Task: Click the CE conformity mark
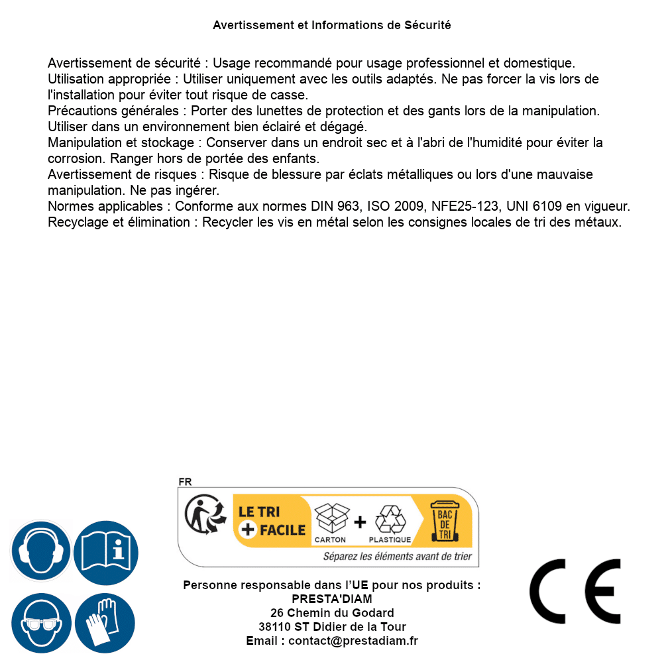[x=575, y=591]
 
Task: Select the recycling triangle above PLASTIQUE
[x=390, y=519]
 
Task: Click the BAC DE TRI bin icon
[x=443, y=520]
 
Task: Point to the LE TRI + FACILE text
[x=272, y=521]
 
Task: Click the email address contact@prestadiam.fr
[x=353, y=641]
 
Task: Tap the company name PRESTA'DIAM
[x=332, y=599]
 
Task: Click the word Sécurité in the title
[x=427, y=25]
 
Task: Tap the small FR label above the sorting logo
[x=185, y=482]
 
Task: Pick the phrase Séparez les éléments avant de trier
[x=397, y=557]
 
